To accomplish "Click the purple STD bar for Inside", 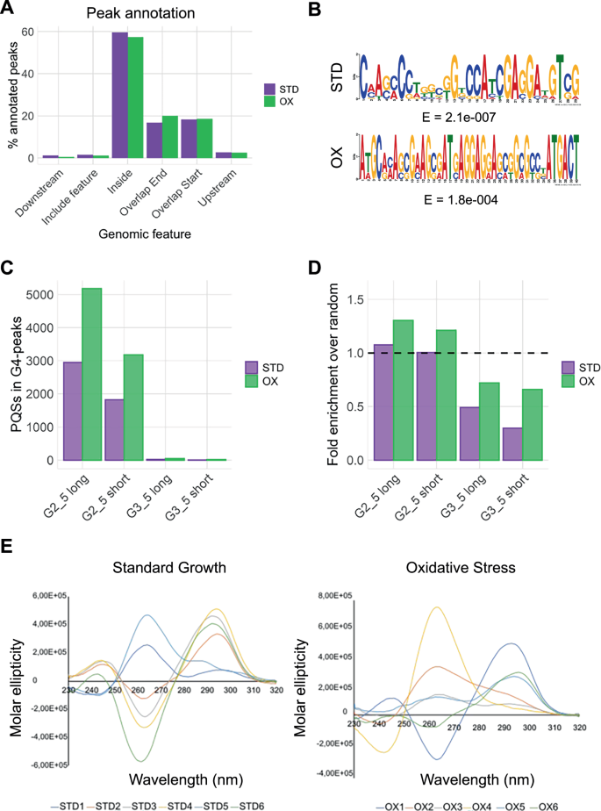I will click(x=120, y=96).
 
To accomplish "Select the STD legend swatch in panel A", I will click(x=271, y=89).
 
